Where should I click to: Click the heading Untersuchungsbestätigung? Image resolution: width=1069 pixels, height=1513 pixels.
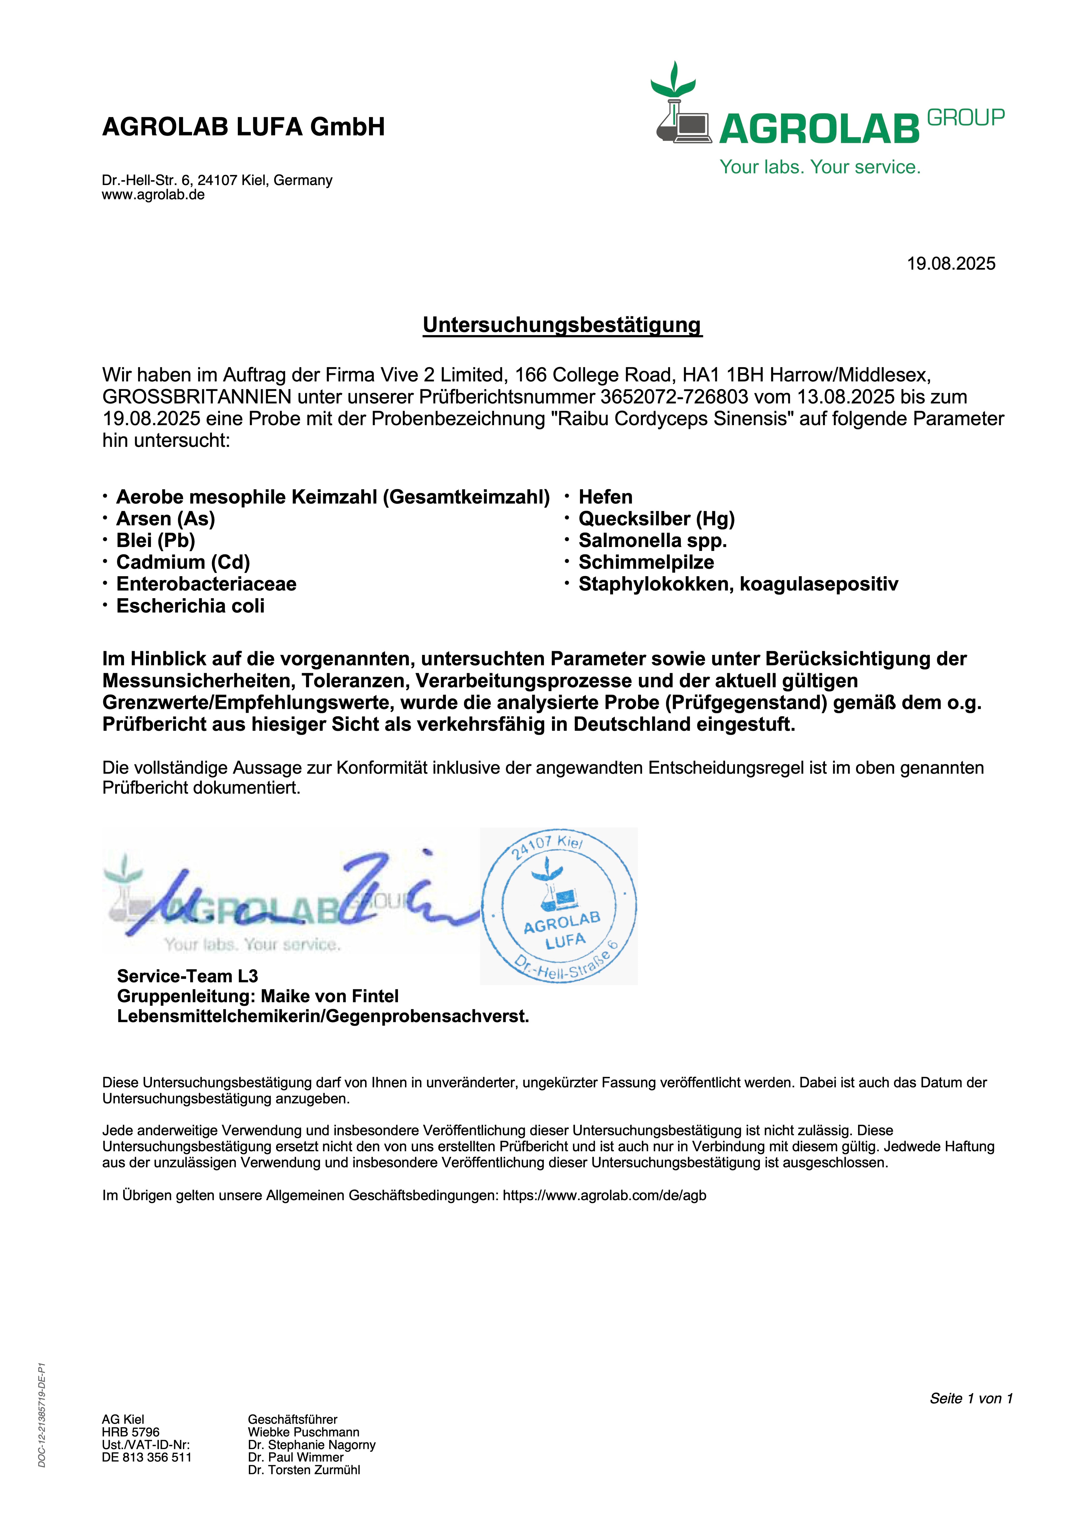(x=562, y=325)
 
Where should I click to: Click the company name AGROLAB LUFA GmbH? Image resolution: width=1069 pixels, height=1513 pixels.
(x=243, y=127)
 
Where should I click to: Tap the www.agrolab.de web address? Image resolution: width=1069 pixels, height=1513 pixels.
(x=153, y=195)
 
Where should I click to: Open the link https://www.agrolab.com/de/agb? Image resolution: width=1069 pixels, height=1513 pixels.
(x=604, y=1195)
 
